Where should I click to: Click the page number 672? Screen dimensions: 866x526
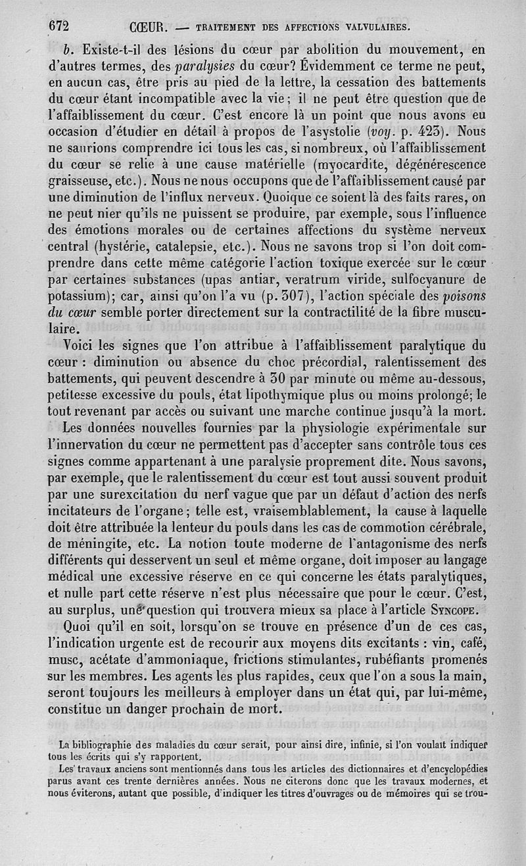pyautogui.click(x=59, y=26)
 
